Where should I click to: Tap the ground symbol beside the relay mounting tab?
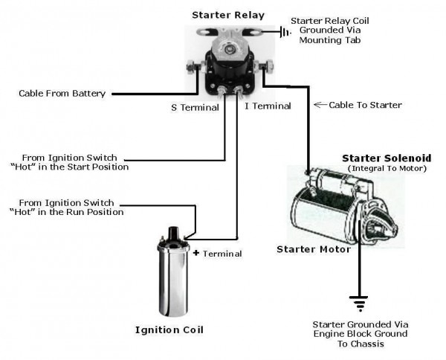coord(283,32)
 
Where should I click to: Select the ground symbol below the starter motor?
coord(359,302)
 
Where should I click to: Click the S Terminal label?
coord(195,107)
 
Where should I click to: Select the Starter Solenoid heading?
coord(384,158)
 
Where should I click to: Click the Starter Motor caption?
coord(313,249)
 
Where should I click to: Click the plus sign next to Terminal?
coord(196,253)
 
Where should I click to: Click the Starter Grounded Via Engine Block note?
coord(361,335)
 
